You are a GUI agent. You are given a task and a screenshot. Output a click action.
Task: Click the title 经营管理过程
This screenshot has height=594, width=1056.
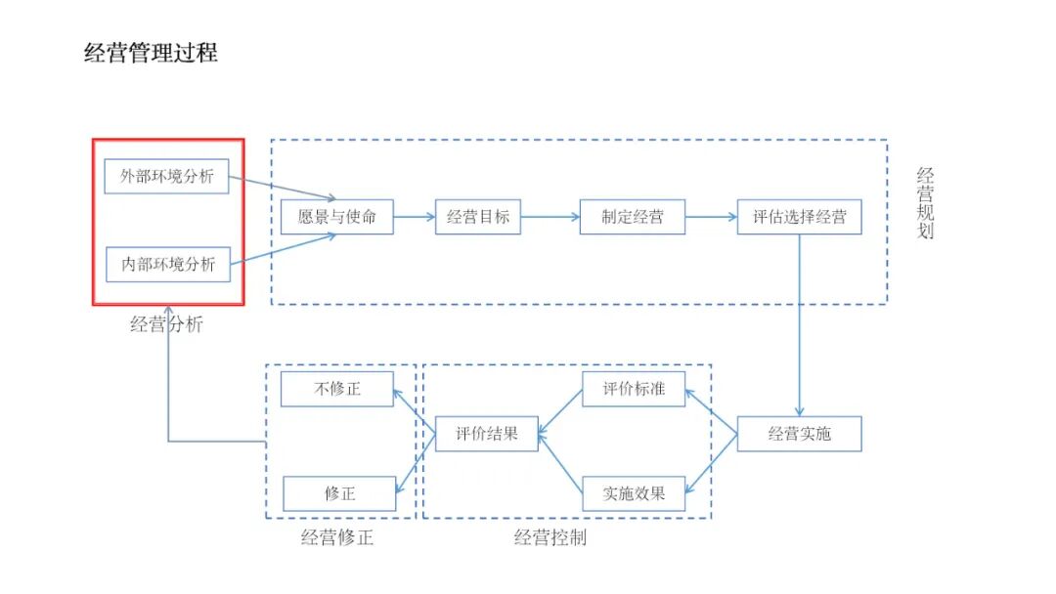pos(152,54)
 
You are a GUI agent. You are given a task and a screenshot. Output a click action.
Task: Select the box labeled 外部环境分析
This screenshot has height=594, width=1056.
pos(166,177)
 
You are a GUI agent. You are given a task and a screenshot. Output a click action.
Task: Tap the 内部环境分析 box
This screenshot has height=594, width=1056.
pos(168,264)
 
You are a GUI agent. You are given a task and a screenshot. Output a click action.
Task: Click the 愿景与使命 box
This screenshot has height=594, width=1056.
pos(336,217)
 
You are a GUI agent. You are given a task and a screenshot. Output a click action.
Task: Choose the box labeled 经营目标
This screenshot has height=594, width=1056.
pos(478,217)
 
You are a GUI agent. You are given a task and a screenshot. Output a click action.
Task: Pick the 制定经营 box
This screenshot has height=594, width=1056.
pos(633,217)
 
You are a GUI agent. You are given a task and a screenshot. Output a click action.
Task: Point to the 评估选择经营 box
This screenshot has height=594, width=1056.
pos(800,217)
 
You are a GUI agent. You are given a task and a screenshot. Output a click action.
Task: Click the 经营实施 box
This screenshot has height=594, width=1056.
pos(800,434)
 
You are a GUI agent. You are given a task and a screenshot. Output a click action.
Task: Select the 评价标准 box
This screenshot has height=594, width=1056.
pos(634,389)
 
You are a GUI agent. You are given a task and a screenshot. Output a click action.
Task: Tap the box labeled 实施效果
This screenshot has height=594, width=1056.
pos(634,494)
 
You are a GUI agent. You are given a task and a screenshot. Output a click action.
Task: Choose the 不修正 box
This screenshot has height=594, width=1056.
pos(337,389)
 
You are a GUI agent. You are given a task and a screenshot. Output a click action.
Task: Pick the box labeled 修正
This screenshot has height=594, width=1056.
pos(339,494)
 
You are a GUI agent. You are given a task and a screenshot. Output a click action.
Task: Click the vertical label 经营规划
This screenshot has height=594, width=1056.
pos(925,203)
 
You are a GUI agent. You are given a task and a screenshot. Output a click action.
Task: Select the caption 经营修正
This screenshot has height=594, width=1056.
pos(337,537)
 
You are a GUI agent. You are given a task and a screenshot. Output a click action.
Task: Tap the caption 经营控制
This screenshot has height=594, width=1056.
pos(550,537)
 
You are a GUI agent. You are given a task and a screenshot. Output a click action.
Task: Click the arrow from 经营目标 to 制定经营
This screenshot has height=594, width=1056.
pos(550,218)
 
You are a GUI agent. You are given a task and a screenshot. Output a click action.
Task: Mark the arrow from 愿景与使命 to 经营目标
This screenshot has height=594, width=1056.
pos(414,218)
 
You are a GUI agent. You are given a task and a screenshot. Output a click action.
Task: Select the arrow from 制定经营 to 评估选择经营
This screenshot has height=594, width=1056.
pos(712,218)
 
